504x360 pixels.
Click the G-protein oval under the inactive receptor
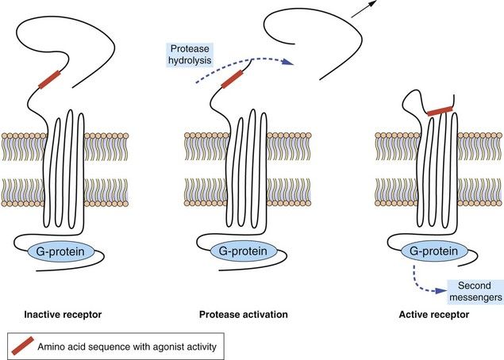[63, 252]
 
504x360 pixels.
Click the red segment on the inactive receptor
[48, 79]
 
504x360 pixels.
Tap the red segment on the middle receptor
[232, 79]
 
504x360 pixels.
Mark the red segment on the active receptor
[441, 111]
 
